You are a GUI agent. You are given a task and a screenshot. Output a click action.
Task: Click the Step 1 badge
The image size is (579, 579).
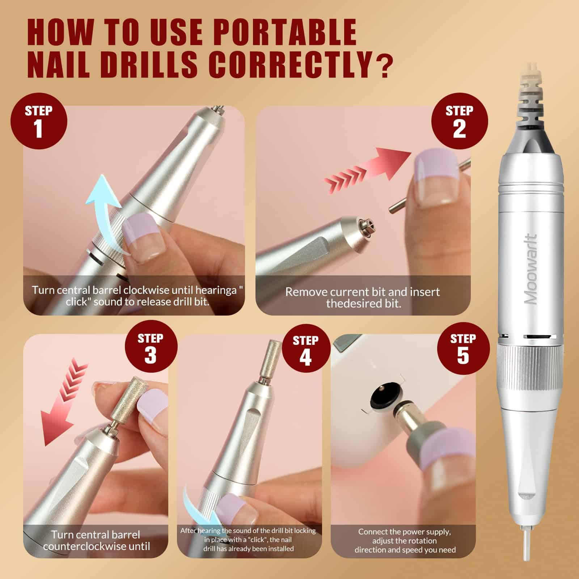[x=39, y=121]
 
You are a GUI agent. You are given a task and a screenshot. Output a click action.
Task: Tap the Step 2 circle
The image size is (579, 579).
[x=459, y=121]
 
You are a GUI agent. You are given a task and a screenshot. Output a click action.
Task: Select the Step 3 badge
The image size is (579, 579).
[x=151, y=350]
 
